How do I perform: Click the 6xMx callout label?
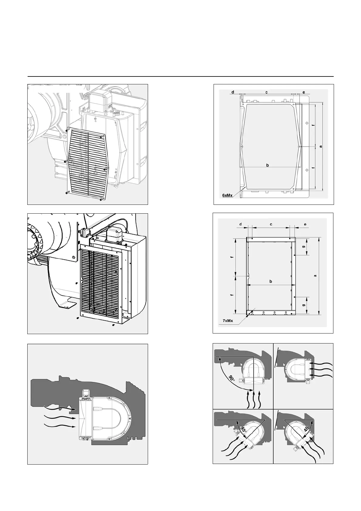click(227, 195)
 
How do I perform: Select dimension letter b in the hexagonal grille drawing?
click(267, 165)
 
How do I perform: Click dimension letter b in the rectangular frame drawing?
click(271, 281)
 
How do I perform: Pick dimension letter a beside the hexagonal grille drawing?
click(320, 146)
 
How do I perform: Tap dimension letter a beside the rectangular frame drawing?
click(315, 276)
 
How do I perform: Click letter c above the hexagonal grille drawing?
click(266, 92)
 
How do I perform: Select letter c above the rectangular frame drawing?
click(271, 224)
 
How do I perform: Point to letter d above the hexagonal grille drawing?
click(233, 92)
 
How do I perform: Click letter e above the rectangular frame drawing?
click(305, 224)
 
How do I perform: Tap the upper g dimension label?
click(304, 247)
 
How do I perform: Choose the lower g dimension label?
click(304, 305)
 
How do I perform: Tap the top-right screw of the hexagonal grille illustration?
click(102, 137)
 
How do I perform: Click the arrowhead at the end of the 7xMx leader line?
click(248, 315)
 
